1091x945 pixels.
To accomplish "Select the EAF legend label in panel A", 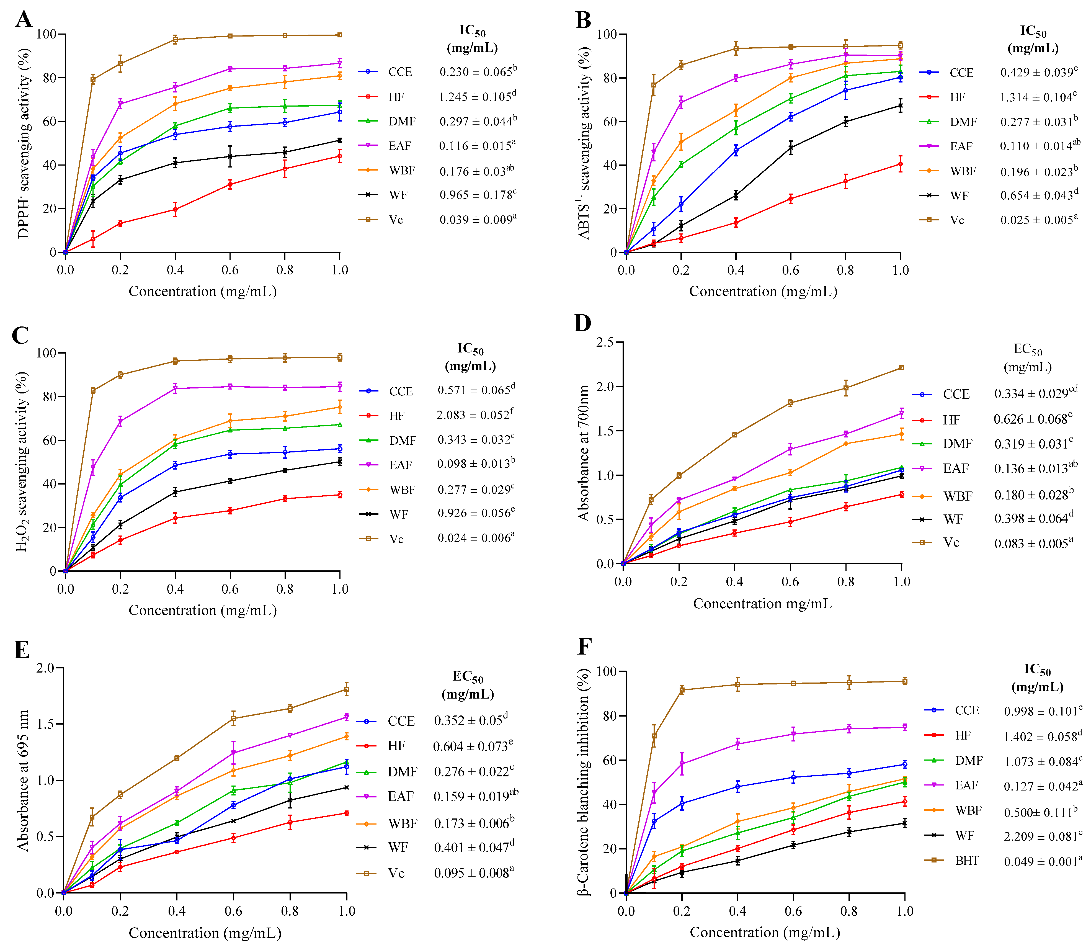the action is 400,146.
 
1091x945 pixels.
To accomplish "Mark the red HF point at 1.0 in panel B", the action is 900,164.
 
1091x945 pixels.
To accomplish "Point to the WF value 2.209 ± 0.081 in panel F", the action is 1043,836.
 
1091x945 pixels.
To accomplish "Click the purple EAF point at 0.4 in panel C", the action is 175,389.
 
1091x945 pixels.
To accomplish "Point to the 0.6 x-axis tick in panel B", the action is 790,270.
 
